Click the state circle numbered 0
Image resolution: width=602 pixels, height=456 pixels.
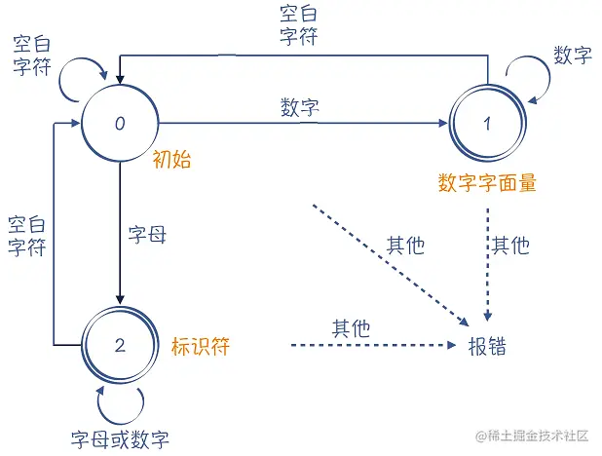(119, 124)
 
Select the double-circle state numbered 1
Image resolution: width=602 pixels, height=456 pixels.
(486, 125)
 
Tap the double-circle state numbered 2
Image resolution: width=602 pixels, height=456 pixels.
(119, 344)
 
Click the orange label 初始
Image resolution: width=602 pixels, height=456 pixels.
(171, 161)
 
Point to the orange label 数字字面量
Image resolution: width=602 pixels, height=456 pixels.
(487, 181)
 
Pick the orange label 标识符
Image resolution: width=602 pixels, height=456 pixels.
(200, 345)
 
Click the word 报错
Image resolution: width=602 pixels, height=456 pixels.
(487, 346)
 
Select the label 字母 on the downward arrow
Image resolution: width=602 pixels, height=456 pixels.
(148, 235)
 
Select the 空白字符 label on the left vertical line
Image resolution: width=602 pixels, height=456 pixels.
(26, 235)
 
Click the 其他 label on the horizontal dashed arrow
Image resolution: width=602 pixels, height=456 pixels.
(351, 328)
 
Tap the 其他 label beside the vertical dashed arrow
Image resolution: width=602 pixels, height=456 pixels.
(510, 244)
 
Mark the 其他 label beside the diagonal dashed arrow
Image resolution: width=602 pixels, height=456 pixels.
(405, 245)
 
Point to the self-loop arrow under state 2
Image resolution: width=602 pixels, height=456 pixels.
(119, 399)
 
